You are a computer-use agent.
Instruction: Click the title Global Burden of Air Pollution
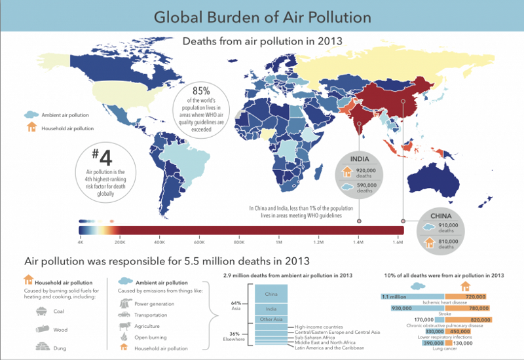[262, 16]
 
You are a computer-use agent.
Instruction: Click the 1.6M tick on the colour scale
[398, 242]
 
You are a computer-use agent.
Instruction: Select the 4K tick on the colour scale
[81, 242]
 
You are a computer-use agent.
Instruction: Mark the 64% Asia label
[236, 306]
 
